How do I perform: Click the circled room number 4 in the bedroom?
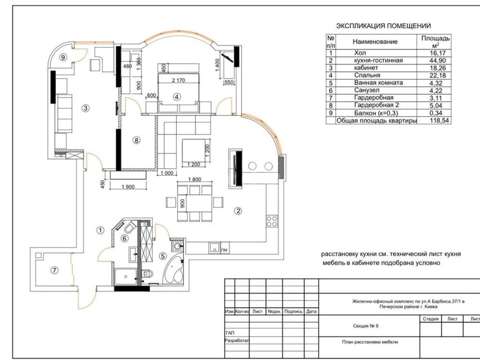coord(176,96)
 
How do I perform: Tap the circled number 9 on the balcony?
coord(62,58)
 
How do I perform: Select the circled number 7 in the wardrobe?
coord(54,270)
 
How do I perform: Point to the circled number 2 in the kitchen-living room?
coord(238,211)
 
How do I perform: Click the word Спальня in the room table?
coord(367,75)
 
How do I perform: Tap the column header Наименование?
coord(375,42)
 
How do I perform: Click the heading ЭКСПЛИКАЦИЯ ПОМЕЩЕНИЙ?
coord(383,26)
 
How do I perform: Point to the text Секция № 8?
coord(366,326)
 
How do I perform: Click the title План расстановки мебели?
coord(370,342)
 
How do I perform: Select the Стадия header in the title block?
coord(430,319)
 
